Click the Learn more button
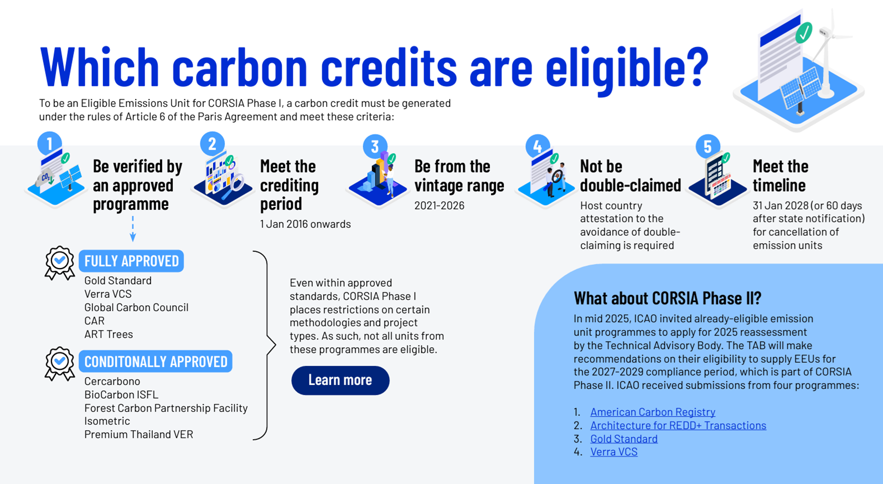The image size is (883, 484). [340, 380]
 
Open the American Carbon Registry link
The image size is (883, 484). [652, 412]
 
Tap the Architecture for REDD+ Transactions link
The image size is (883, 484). [678, 425]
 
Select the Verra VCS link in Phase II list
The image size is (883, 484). [614, 452]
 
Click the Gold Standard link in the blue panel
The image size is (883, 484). [623, 439]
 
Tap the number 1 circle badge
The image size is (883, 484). [50, 143]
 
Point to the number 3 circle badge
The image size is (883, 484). [375, 146]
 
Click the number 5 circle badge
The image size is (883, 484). [708, 146]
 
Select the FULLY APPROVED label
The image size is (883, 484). [131, 261]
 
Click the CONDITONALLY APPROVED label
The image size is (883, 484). [156, 361]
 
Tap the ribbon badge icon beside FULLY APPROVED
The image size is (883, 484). [60, 262]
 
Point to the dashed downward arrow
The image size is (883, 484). [133, 229]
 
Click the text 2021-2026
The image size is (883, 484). [439, 205]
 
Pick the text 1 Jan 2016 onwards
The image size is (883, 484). [305, 224]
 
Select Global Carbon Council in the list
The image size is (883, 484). [136, 307]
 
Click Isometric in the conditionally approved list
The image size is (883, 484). [107, 421]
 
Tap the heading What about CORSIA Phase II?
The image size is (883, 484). [668, 298]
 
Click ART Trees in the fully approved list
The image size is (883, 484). [109, 334]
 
